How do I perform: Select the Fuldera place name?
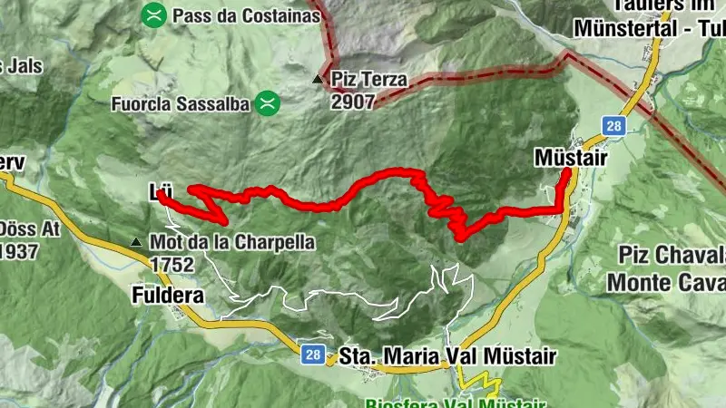coord(168,296)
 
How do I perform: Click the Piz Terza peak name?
coord(369,80)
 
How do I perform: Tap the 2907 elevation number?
coord(352,102)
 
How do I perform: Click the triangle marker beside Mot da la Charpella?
coord(135,243)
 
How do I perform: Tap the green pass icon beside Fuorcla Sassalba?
coord(266,103)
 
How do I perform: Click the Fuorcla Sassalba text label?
coord(180,104)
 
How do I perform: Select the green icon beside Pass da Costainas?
coord(155,15)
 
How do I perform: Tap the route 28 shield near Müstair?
coord(614,127)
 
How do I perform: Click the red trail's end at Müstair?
coord(566,170)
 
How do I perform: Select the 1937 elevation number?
coord(18,250)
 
